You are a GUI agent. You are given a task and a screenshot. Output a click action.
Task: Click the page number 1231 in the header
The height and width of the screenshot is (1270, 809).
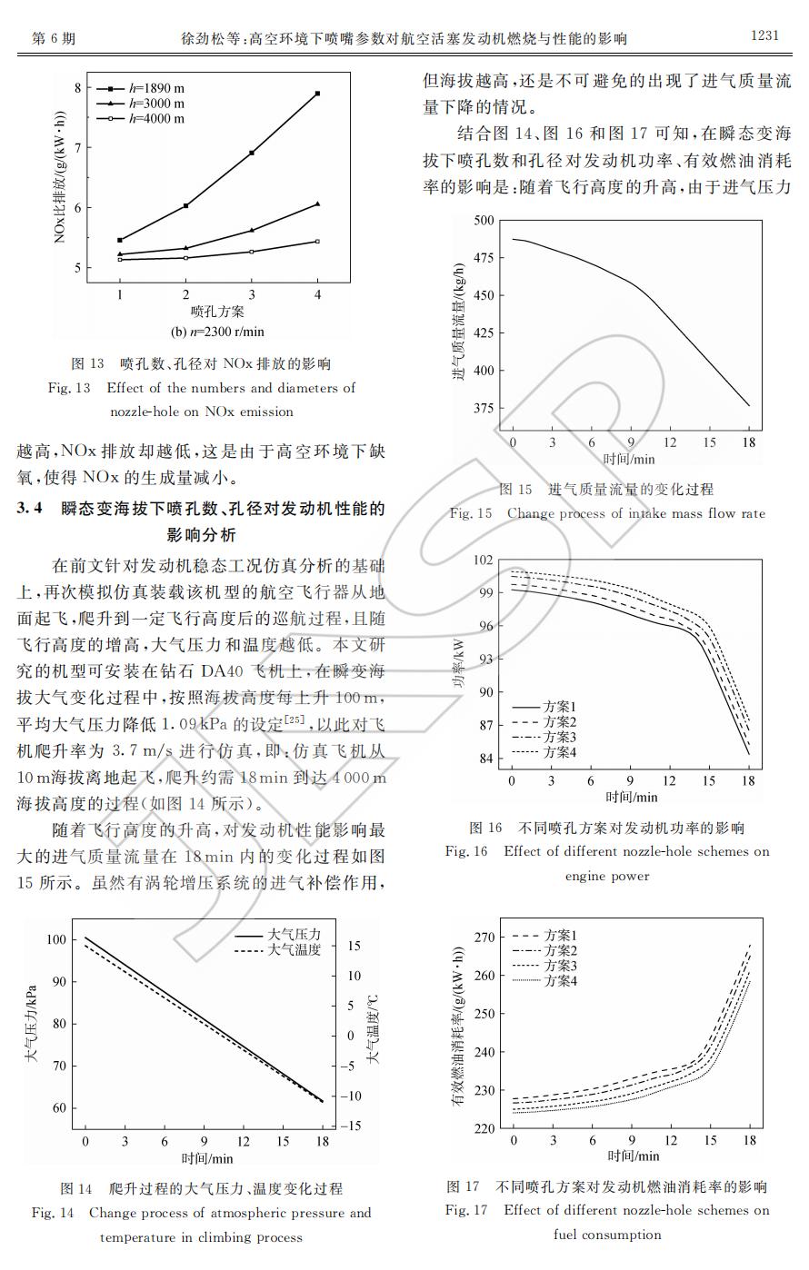point(764,36)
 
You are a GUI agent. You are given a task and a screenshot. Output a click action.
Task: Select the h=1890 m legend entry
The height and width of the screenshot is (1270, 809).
point(155,89)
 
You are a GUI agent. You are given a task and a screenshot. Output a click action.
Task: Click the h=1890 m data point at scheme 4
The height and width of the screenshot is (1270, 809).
point(317,94)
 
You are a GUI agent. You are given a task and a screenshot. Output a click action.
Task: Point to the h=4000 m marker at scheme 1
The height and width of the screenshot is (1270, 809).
point(120,260)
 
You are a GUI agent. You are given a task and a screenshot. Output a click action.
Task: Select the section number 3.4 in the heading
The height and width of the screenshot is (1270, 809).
point(30,509)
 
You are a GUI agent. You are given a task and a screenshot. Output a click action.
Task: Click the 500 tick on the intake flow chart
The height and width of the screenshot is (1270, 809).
point(484,221)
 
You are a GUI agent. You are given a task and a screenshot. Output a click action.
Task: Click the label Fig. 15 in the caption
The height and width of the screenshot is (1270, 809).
point(470,513)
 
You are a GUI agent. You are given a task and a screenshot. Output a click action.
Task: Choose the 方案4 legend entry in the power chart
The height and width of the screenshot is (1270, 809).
point(560,752)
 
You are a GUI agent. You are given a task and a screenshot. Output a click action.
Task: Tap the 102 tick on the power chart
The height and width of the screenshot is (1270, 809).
point(484,561)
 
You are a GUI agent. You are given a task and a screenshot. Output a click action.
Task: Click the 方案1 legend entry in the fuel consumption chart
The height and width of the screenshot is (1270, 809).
point(561,935)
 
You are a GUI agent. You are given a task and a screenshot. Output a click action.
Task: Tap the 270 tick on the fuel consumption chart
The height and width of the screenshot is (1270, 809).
point(484,937)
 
